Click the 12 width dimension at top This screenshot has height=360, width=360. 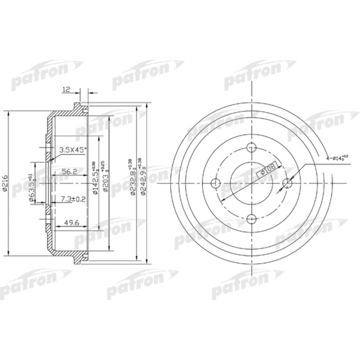65,89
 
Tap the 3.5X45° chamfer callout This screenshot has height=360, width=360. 73,150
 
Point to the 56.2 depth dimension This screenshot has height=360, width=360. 68,172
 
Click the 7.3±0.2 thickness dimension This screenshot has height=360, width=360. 73,199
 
